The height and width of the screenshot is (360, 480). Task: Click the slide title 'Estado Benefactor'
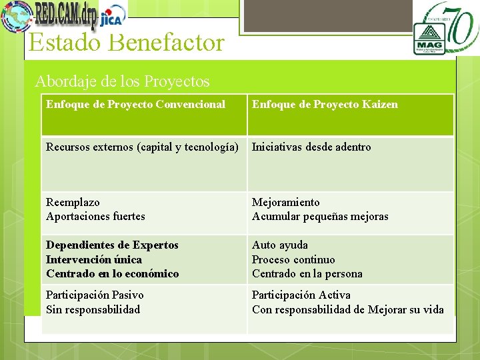click(126, 43)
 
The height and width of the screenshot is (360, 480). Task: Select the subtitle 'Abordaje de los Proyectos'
click(122, 81)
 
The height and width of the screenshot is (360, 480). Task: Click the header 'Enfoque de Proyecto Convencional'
click(135, 104)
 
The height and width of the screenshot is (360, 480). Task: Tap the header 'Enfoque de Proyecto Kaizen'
click(325, 104)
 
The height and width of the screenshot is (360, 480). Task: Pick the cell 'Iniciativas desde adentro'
click(311, 147)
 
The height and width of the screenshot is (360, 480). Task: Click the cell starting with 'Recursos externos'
click(142, 147)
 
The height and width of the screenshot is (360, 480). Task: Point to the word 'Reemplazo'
click(73, 202)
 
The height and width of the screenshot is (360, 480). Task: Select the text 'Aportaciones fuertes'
click(95, 216)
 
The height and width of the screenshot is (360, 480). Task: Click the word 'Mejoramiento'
click(285, 202)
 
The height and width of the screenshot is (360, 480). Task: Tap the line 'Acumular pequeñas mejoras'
click(320, 216)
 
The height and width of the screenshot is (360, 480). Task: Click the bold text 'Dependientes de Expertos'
click(112, 245)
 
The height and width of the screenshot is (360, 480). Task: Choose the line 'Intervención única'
click(94, 259)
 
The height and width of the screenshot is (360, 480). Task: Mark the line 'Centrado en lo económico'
click(112, 273)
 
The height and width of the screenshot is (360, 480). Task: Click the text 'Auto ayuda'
click(280, 245)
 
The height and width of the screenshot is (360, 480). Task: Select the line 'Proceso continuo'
click(293, 259)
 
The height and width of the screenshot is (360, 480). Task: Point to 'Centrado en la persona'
click(307, 273)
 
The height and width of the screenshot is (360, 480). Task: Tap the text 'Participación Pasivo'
click(95, 295)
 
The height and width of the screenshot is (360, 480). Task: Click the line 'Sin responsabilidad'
click(93, 309)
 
